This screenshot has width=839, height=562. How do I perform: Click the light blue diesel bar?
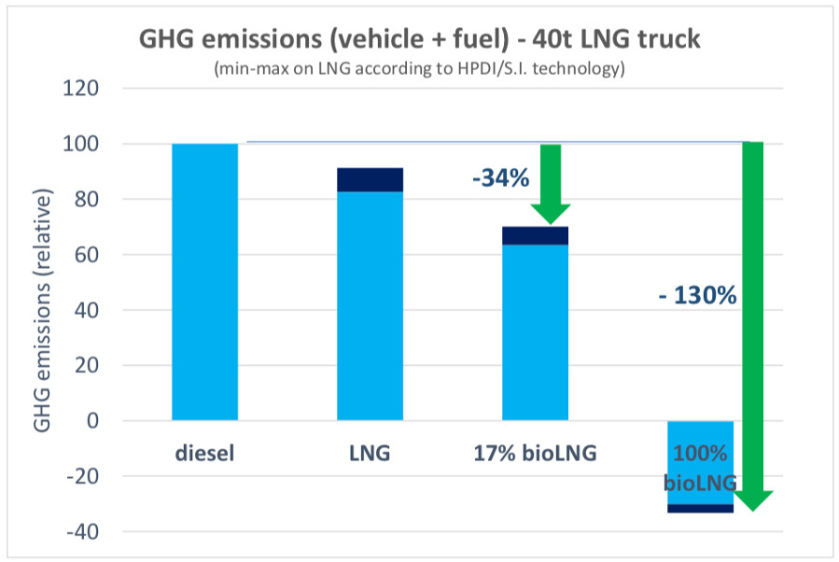[x=205, y=281]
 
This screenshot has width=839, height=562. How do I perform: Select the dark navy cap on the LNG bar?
[x=371, y=179]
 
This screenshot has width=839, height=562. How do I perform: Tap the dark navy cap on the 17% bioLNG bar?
[x=535, y=235]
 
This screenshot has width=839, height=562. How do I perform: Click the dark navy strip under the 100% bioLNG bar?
[x=699, y=508]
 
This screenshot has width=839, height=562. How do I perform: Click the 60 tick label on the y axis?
[x=87, y=255]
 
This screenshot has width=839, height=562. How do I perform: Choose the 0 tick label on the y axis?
[x=92, y=421]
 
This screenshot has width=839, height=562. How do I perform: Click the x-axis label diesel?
[x=204, y=456]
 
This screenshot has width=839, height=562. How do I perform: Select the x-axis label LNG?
[x=370, y=456]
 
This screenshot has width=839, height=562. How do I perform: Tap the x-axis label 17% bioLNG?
[x=535, y=456]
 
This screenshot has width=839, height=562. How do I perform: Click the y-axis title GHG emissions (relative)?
[x=43, y=310]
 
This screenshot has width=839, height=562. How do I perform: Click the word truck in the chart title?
[x=668, y=40]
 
